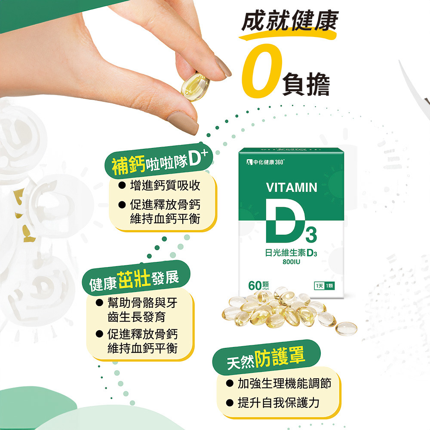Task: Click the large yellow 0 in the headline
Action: (262, 71)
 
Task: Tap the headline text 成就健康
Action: (289, 21)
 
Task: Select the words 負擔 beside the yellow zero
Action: (306, 84)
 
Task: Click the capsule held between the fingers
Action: (195, 87)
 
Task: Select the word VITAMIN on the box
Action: (292, 188)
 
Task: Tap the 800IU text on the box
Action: (291, 262)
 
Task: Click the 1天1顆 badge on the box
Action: (324, 286)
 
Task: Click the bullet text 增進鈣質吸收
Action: (165, 186)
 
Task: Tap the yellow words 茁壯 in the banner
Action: (134, 279)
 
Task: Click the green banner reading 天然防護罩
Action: (266, 357)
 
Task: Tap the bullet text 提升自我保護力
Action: (278, 403)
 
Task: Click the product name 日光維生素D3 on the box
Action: (291, 252)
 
